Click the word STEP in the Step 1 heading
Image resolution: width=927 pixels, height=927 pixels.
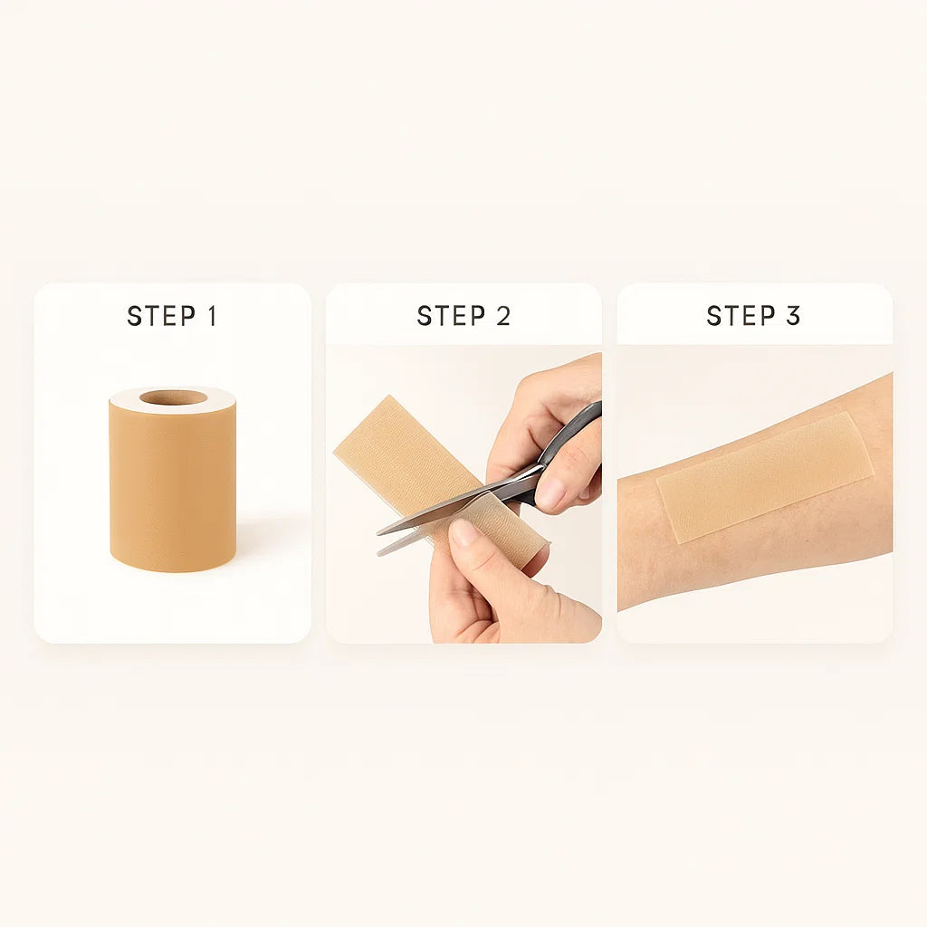[x=161, y=316]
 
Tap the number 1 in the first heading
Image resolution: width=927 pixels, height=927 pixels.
[x=212, y=316]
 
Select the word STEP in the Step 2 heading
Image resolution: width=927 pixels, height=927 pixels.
[x=451, y=316]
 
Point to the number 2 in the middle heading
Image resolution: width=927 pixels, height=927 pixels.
[x=503, y=316]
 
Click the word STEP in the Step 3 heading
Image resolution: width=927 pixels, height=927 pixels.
[x=741, y=316]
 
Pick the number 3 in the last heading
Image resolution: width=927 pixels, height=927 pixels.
[x=793, y=316]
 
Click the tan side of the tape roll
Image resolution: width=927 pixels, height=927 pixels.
[x=172, y=489]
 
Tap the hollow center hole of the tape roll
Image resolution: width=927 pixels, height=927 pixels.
[x=173, y=397]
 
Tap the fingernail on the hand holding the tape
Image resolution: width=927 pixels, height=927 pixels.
[x=463, y=532]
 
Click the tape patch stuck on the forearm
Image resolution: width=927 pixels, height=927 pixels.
[x=765, y=475]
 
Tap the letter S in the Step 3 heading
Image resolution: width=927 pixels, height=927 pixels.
[x=715, y=316]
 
